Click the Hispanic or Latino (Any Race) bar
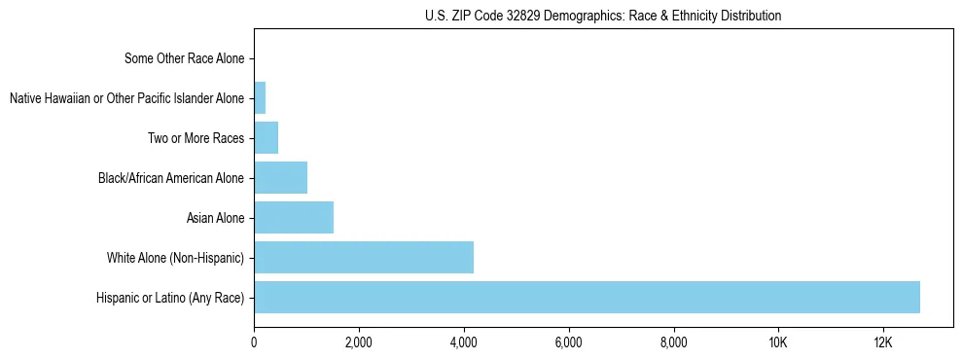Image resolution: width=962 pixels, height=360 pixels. tap(587, 297)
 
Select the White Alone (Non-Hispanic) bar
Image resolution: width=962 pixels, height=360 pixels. tap(364, 258)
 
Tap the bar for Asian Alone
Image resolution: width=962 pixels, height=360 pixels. tap(294, 218)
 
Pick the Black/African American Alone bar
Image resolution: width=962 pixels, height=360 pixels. tap(280, 178)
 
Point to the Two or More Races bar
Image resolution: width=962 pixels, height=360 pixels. tap(266, 138)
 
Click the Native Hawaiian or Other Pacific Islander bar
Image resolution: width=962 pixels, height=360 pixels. tap(260, 98)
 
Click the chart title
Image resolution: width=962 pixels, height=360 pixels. tap(603, 16)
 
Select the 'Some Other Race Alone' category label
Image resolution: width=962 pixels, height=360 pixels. tap(185, 58)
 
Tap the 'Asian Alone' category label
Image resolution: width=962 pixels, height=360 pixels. tap(215, 218)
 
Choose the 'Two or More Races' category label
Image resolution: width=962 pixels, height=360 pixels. tap(196, 138)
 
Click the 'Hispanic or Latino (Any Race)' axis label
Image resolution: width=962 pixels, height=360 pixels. tap(170, 298)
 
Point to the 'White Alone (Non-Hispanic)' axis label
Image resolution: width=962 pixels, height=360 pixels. tap(176, 258)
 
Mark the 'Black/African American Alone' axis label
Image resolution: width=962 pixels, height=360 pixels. tap(171, 178)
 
